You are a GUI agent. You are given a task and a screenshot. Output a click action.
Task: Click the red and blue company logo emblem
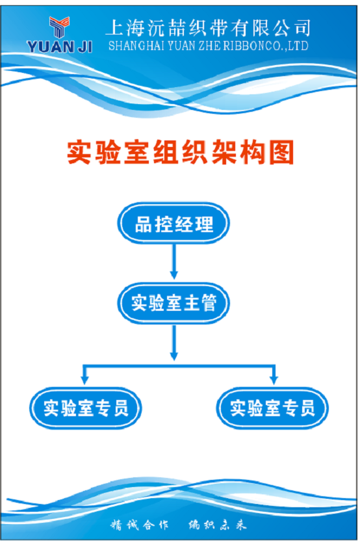click(60, 27)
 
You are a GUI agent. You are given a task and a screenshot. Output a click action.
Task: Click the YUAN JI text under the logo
click(60, 46)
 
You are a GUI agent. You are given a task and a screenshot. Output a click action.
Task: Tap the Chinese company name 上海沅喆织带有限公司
click(208, 28)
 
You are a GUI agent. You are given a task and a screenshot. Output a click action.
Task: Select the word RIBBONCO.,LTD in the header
click(265, 46)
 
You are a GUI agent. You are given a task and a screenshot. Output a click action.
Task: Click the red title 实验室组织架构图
click(181, 152)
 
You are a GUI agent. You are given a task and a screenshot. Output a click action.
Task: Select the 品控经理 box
click(174, 223)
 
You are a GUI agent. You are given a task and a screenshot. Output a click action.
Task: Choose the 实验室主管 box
click(174, 303)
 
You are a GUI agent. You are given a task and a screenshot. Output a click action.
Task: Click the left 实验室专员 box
click(86, 408)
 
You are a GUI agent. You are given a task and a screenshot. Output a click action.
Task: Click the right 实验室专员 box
click(272, 408)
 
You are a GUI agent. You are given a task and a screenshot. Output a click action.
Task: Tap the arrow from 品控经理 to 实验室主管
click(174, 261)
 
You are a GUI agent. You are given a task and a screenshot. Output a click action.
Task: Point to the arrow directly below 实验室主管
click(174, 342)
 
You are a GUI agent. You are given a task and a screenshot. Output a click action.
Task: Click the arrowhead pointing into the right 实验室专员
click(274, 380)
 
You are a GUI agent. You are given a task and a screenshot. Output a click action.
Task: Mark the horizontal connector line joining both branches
click(179, 365)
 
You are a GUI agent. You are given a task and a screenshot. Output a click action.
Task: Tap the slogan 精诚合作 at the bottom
click(139, 525)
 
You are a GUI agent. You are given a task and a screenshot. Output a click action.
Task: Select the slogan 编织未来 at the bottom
click(218, 525)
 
